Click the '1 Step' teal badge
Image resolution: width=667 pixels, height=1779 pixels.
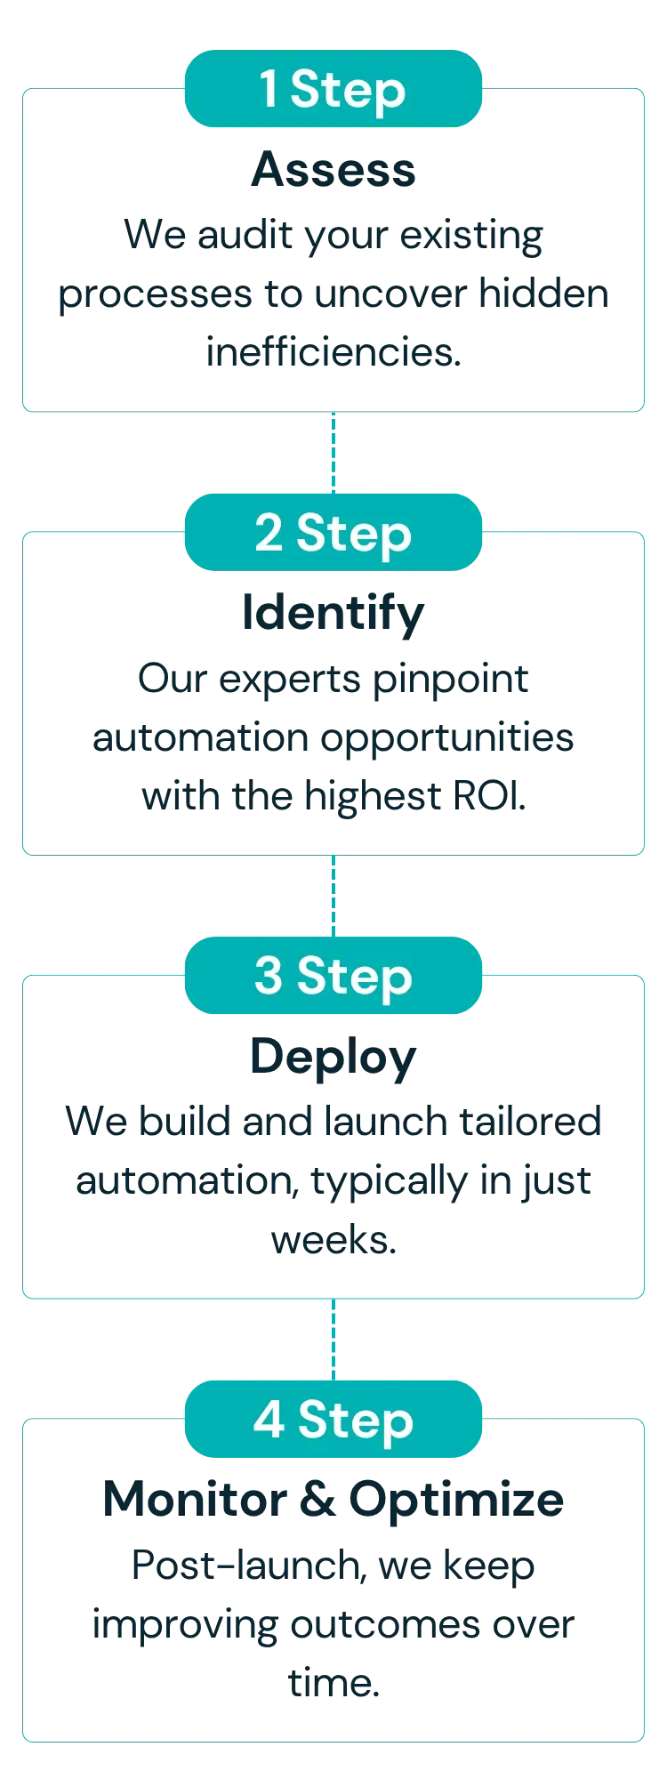pyautogui.click(x=332, y=90)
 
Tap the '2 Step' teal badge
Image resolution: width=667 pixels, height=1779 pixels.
pyautogui.click(x=332, y=533)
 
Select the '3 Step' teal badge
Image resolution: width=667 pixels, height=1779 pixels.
pyautogui.click(x=333, y=976)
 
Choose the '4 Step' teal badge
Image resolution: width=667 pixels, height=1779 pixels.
pyautogui.click(x=333, y=1419)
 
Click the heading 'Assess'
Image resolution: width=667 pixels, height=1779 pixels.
pyautogui.click(x=333, y=171)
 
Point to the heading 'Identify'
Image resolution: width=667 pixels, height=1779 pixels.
pyautogui.click(x=333, y=614)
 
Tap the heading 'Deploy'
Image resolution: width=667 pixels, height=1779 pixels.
pyautogui.click(x=333, y=1057)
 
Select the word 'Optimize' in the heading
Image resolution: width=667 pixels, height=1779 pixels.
pyautogui.click(x=456, y=1500)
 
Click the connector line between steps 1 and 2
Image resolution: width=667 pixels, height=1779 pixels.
pyautogui.click(x=333, y=452)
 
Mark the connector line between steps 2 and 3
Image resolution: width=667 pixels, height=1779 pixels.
pyautogui.click(x=333, y=895)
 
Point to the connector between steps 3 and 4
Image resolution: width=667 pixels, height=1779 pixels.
pyautogui.click(x=333, y=1338)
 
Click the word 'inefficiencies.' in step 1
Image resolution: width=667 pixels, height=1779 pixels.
pyautogui.click(x=333, y=353)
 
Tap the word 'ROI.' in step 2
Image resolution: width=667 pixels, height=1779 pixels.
pyautogui.click(x=489, y=794)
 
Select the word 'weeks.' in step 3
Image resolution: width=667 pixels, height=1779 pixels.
pyautogui.click(x=333, y=1241)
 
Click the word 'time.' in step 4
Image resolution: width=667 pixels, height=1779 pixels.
pyautogui.click(x=333, y=1684)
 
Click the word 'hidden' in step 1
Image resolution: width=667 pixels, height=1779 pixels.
pyautogui.click(x=543, y=295)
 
